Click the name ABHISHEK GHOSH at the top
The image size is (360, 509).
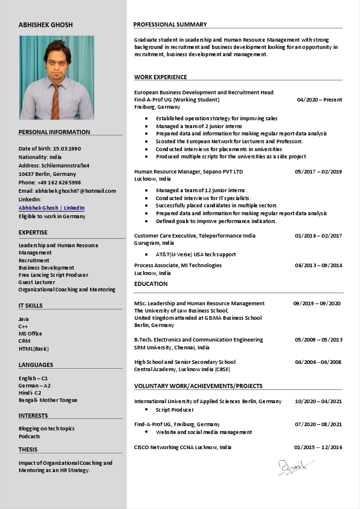pos(45,25)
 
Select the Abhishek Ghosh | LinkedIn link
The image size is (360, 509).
pos(51,208)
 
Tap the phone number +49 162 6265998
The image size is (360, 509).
pos(59,182)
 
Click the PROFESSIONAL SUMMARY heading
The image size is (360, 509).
pos(170,25)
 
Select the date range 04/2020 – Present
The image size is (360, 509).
pos(319,100)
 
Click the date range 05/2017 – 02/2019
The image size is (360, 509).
pos(318,172)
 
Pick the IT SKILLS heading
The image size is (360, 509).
pos(30,306)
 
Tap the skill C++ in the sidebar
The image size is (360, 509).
pos(24,326)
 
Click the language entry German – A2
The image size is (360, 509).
pos(34,385)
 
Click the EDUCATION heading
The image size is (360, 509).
pos(151,284)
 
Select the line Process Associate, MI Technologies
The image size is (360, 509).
pos(178,265)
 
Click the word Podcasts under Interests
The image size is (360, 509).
pos(29,436)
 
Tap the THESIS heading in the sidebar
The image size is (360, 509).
pos(28,450)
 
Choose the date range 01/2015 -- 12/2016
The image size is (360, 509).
pos(318,447)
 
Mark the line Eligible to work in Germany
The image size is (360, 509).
pos(52,216)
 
